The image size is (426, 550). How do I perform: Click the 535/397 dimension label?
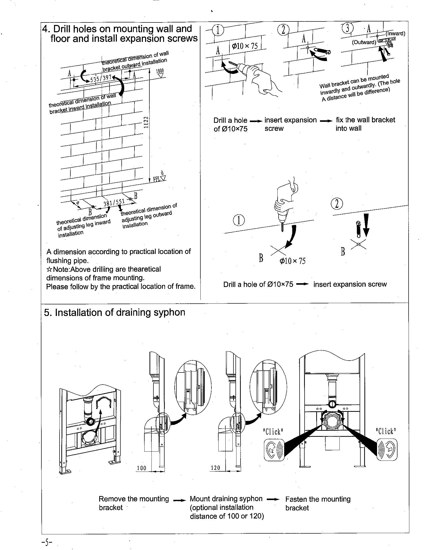(101, 78)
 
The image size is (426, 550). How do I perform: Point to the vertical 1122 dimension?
(146, 123)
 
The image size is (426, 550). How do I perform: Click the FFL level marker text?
(157, 179)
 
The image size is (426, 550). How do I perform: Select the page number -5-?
(47, 541)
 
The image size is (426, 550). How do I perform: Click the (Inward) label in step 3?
(395, 34)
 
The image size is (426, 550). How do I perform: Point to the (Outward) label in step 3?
(364, 42)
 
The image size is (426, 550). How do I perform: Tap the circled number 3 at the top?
(348, 28)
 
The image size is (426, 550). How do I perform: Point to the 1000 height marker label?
(160, 71)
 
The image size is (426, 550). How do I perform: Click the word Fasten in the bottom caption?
(296, 499)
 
